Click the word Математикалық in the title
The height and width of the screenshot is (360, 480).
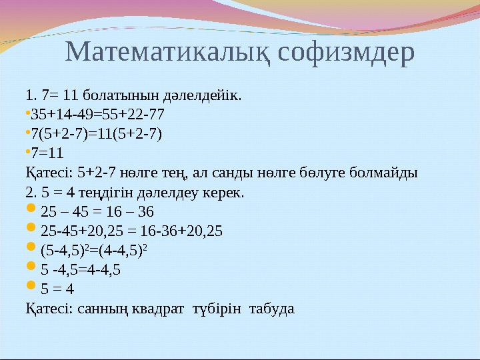point(169,52)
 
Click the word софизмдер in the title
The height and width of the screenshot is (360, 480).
point(346,52)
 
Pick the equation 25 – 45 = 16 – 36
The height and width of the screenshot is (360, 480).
point(97,212)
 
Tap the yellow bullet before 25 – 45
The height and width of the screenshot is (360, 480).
point(31,211)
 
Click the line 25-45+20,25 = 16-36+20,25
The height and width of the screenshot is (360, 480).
point(131,231)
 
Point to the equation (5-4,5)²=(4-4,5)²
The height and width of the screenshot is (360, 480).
point(93,251)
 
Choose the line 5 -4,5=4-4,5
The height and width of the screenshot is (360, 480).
point(81,270)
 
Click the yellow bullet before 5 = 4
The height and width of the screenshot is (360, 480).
point(31,288)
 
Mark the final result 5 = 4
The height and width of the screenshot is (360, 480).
point(57,289)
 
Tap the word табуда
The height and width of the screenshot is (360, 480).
point(271,309)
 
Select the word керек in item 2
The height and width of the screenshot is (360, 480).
point(226,193)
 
